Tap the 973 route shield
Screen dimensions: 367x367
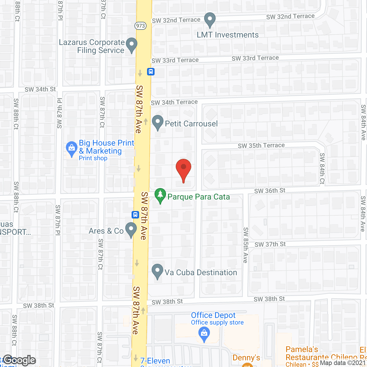[x=140, y=26]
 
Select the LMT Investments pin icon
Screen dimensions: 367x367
[x=210, y=20]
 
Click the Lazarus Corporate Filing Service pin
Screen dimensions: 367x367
[x=132, y=45]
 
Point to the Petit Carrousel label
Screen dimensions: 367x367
[x=191, y=124]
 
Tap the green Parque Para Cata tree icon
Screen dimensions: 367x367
[x=160, y=196]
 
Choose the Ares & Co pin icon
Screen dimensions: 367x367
[x=131, y=229]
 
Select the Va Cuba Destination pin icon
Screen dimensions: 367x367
[x=157, y=271]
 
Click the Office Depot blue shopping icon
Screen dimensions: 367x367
[x=204, y=334]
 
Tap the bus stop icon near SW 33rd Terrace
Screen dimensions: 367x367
[x=151, y=71]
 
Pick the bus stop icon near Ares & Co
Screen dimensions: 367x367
[x=135, y=214]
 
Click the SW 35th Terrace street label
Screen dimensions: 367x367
[x=261, y=145]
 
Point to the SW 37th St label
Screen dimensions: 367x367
[x=270, y=244]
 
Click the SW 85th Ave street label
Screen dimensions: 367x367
[x=246, y=245]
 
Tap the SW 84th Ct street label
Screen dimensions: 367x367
[x=322, y=169]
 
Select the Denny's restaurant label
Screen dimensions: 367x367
[x=246, y=358]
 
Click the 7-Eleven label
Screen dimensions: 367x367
[x=155, y=361]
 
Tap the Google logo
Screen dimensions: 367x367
[x=19, y=360]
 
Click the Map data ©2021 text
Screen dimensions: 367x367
[x=343, y=363]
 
